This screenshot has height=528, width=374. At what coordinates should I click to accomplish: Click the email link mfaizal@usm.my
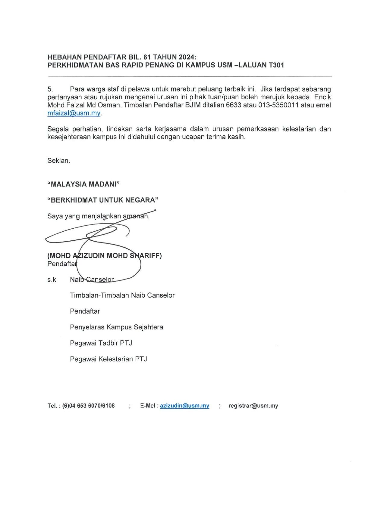74,113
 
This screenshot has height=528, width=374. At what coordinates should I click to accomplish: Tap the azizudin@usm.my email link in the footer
184,406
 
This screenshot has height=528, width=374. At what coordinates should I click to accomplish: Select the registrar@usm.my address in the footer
253,406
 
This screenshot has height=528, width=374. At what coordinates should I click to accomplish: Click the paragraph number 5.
50,89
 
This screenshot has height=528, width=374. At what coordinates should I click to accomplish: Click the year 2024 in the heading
186,57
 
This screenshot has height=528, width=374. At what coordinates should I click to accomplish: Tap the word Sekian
59,161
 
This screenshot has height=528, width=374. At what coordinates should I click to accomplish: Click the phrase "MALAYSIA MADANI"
83,184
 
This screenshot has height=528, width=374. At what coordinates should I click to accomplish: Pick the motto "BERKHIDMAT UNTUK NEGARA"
103,200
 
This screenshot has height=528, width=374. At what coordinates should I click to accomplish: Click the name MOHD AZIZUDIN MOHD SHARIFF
105,256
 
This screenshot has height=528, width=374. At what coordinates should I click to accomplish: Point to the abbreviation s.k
52,280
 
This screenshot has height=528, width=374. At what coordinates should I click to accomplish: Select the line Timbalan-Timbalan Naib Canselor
122,295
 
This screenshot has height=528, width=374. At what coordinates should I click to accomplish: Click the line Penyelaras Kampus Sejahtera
116,327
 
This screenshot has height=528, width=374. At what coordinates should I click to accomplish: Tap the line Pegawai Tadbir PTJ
101,343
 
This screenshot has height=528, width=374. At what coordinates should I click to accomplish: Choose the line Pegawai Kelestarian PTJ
108,359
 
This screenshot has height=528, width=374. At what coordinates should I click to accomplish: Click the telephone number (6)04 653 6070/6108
88,406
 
